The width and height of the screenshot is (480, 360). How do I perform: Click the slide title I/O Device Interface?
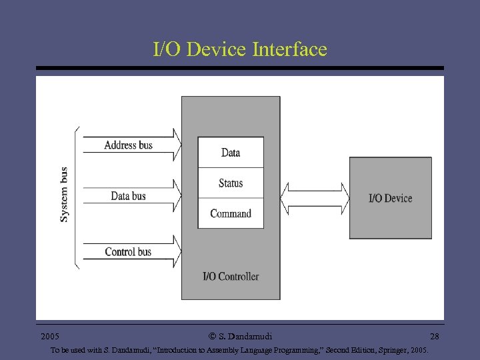240,49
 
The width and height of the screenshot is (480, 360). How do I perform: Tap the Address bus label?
129,145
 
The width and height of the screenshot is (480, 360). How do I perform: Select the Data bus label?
128,196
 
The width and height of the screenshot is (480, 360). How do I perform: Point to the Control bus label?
128,252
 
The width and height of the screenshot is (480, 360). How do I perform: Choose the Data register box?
231,153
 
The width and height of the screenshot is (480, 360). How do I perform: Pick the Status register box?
231,183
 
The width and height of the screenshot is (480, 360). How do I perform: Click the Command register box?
231,213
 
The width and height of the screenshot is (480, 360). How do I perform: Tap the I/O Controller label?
231,276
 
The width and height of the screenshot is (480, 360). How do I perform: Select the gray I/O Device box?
391,198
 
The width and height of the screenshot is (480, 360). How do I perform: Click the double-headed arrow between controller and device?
315,197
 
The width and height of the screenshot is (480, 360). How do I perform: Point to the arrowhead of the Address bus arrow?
177,145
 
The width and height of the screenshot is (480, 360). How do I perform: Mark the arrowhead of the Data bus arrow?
177,196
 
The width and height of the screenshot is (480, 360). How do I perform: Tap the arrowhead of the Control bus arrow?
177,252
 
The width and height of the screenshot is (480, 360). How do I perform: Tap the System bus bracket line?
77,197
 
